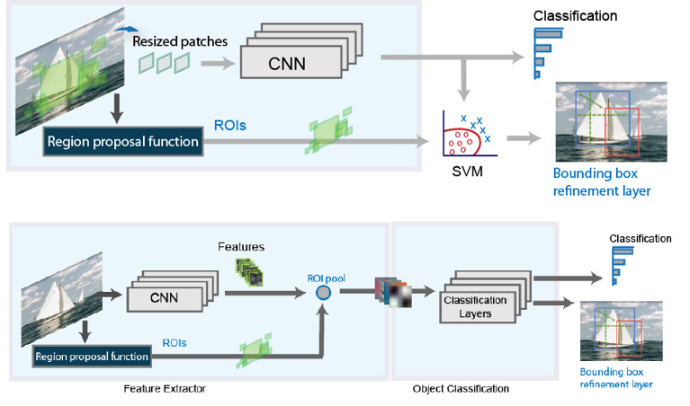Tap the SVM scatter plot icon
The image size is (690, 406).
click(466, 134)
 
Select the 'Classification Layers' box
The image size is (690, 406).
click(475, 305)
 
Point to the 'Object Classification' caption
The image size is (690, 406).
click(461, 389)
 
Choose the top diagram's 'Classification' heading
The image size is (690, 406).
click(575, 16)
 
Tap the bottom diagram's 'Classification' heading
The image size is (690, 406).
click(641, 239)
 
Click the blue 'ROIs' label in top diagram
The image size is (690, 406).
click(230, 127)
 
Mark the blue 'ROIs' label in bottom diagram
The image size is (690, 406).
click(175, 342)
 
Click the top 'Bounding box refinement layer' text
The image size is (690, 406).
click(602, 181)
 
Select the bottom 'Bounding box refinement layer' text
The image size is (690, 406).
click(616, 377)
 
